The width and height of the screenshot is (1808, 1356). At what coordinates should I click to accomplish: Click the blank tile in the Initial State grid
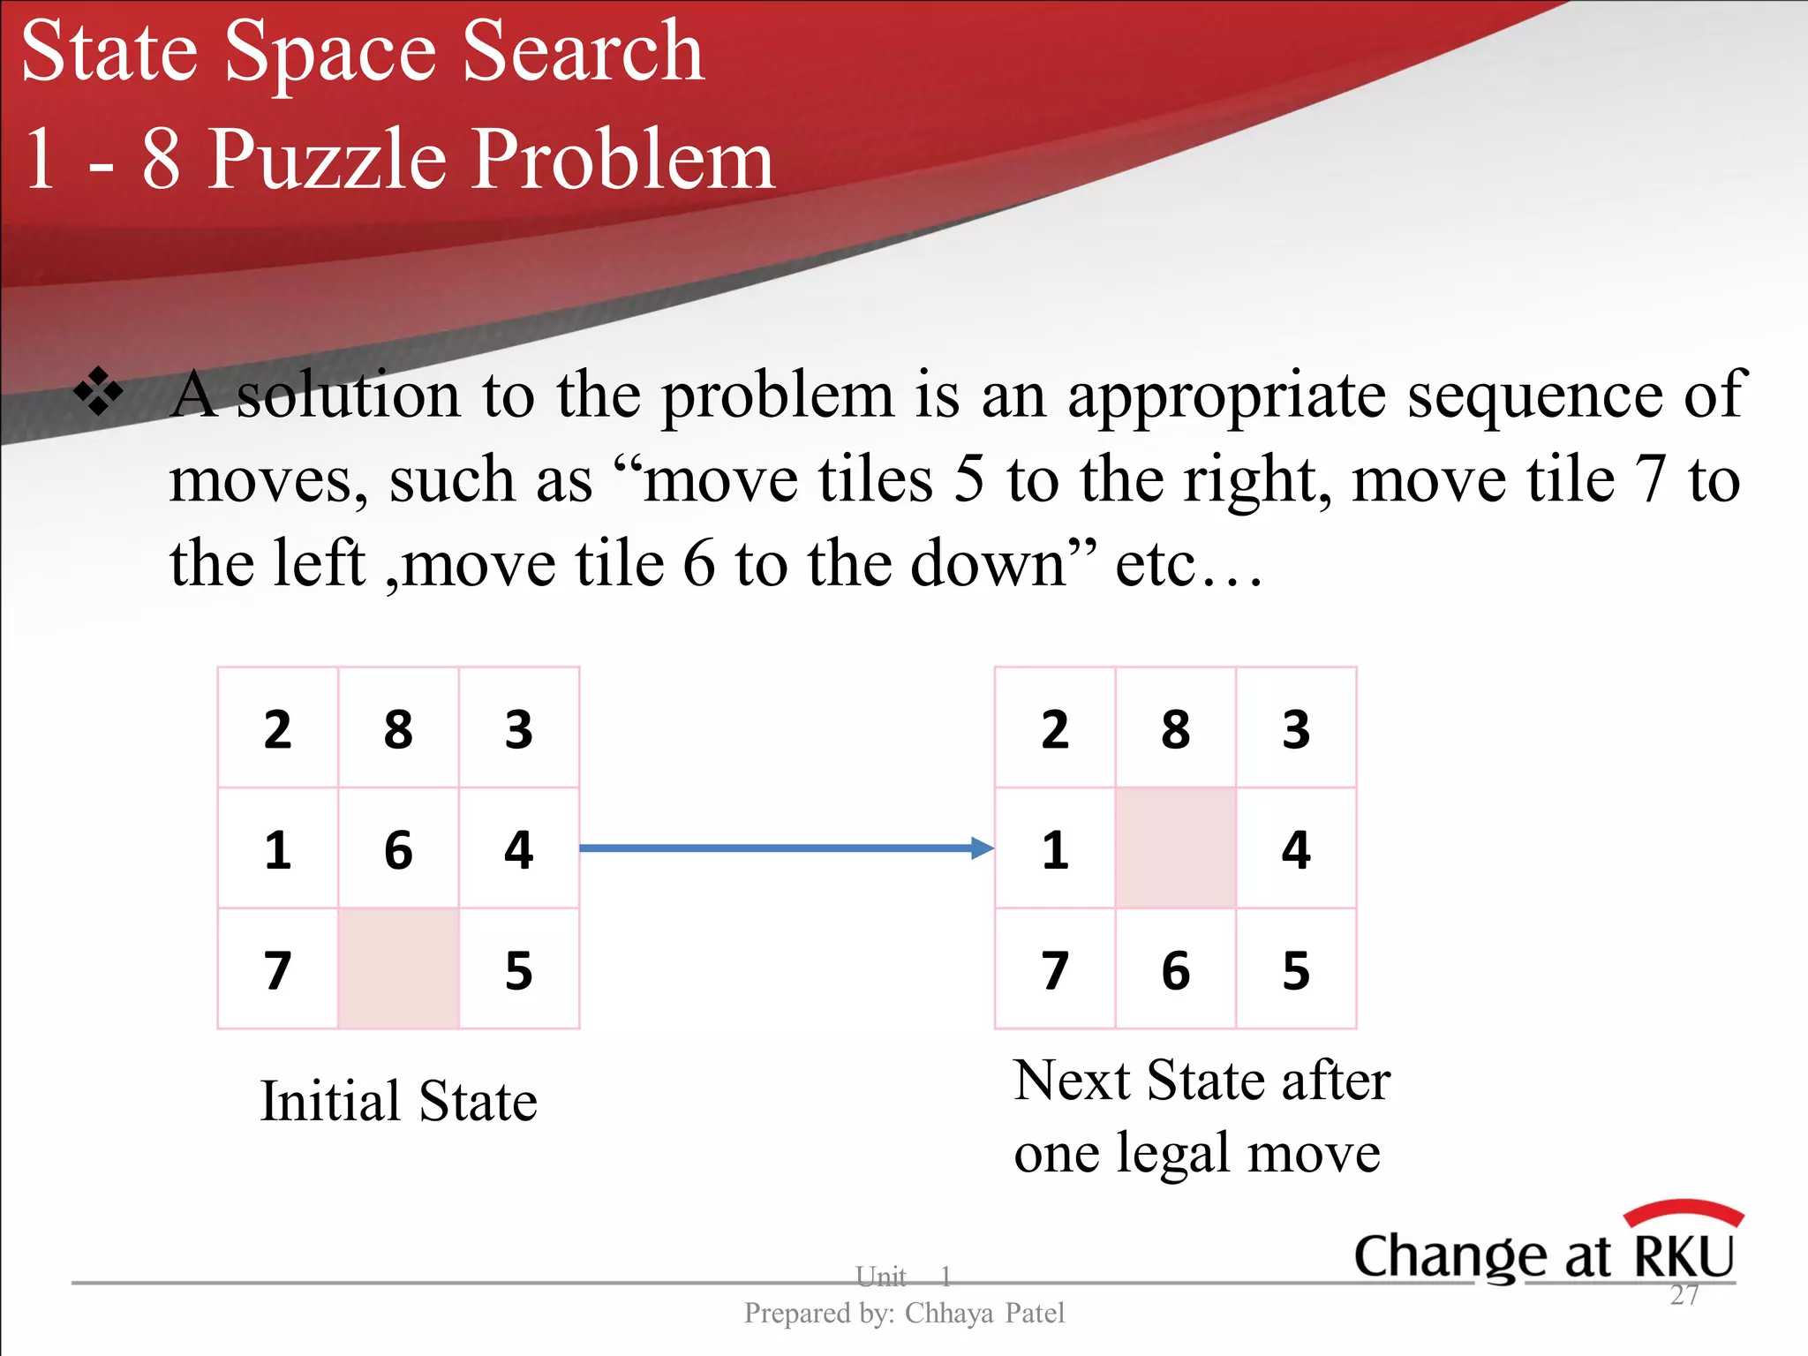(398, 968)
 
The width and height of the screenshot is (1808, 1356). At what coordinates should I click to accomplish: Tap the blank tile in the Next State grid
(1175, 847)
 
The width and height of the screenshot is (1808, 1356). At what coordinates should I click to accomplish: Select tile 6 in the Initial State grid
(398, 849)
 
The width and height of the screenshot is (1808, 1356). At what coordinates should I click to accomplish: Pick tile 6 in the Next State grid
(1175, 970)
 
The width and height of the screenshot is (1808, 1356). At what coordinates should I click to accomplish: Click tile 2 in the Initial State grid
(277, 729)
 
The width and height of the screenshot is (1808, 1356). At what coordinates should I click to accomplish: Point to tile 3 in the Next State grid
(1296, 729)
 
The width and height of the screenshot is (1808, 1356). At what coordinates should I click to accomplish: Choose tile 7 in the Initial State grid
(277, 970)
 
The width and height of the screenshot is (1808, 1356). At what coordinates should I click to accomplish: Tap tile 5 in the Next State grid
(1296, 970)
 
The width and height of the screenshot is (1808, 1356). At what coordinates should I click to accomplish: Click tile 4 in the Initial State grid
(518, 849)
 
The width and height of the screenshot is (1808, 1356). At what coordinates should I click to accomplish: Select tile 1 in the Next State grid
(1055, 849)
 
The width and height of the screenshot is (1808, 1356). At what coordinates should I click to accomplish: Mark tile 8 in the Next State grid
(1175, 729)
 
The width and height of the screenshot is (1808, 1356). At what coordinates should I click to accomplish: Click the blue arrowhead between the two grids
(982, 848)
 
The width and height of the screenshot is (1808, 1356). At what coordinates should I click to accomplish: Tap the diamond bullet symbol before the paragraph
(98, 389)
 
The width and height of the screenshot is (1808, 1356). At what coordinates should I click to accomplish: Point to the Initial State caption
(398, 1101)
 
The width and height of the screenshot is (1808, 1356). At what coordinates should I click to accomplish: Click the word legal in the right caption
(1173, 1154)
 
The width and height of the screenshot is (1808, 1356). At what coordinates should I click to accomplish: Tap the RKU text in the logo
(1684, 1255)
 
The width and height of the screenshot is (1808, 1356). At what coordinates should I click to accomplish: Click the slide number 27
(1684, 1295)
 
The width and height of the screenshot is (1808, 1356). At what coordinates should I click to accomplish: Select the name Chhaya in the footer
(949, 1314)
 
